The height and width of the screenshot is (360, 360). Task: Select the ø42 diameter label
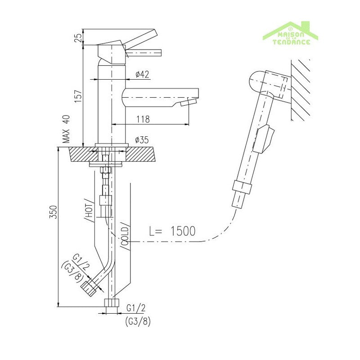pos(142,74)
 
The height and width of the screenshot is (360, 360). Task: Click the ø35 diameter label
pos(142,140)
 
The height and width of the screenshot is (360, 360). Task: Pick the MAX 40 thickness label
pos(66,129)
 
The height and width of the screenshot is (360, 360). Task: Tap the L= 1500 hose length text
pos(172,231)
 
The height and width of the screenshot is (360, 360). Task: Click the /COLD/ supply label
pos(125,234)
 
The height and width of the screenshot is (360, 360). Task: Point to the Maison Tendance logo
pos(291,34)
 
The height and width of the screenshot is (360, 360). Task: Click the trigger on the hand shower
pos(264,138)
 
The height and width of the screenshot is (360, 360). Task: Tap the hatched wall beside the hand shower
pos(301,90)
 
